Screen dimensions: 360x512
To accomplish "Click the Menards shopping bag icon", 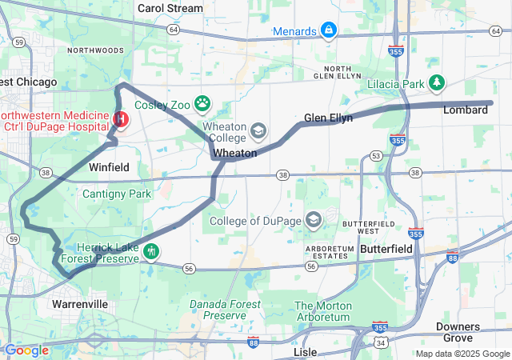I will [x=327, y=30].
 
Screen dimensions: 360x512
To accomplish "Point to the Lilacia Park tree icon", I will [x=437, y=82].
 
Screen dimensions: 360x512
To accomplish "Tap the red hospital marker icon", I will [x=121, y=120].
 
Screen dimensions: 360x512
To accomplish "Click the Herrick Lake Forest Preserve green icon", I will [x=150, y=250].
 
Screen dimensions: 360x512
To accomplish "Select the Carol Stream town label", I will [x=170, y=8].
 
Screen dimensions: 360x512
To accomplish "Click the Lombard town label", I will [x=466, y=110].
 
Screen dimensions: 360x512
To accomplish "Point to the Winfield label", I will [x=109, y=168].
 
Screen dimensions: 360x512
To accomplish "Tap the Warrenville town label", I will [x=79, y=305].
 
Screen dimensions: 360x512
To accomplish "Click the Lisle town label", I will [x=305, y=352].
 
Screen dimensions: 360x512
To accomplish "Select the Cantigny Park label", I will [x=117, y=194].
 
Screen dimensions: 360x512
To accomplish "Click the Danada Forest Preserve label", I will [x=224, y=310].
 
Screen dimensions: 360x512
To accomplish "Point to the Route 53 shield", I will [x=375, y=155].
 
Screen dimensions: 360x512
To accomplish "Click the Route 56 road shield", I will [x=189, y=270].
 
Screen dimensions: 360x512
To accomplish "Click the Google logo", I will [x=26, y=350].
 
